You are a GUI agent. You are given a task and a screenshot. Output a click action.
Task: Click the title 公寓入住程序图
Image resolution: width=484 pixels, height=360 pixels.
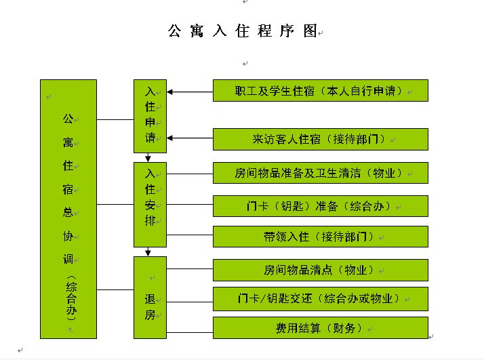pyautogui.click(x=243, y=31)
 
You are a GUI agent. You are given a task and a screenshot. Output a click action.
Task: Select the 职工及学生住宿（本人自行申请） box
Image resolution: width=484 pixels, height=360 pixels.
pyautogui.click(x=321, y=90)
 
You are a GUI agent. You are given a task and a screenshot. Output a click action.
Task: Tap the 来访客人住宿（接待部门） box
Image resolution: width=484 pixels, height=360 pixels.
pyautogui.click(x=321, y=139)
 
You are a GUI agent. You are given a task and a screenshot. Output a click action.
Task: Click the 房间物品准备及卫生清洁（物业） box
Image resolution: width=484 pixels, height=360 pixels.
pyautogui.click(x=321, y=173)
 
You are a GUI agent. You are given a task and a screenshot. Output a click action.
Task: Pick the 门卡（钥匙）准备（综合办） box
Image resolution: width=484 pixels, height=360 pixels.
pyautogui.click(x=321, y=206)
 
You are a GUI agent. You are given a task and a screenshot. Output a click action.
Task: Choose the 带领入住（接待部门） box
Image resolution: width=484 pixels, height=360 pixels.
pyautogui.click(x=321, y=237)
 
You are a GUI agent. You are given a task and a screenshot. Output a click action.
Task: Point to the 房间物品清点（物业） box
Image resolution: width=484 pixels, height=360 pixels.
pyautogui.click(x=321, y=270)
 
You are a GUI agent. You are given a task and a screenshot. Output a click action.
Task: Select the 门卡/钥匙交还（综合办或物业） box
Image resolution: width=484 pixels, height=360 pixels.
pyautogui.click(x=321, y=299)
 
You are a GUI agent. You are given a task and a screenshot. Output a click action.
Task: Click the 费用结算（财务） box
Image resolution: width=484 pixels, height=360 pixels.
pyautogui.click(x=321, y=328)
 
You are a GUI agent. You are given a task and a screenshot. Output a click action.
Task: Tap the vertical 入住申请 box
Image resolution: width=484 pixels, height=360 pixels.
pyautogui.click(x=150, y=116)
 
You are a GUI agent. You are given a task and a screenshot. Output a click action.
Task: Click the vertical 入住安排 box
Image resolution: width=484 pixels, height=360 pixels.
pyautogui.click(x=150, y=205)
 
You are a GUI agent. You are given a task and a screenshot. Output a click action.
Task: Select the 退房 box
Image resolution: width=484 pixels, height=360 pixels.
pyautogui.click(x=150, y=298)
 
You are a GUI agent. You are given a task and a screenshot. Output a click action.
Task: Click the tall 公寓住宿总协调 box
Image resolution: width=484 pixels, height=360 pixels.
pyautogui.click(x=68, y=209)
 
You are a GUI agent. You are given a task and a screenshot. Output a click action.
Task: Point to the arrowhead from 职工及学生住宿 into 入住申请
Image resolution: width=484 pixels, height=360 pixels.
pyautogui.click(x=169, y=92)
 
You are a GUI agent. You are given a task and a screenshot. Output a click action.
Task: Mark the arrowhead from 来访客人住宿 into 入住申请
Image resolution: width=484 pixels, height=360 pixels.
pyautogui.click(x=169, y=138)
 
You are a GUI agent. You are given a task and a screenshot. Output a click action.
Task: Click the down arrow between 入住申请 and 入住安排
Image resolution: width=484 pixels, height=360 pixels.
pyautogui.click(x=148, y=157)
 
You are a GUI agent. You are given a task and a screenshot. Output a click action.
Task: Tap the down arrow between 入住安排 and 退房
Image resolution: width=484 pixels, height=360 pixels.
pyautogui.click(x=148, y=252)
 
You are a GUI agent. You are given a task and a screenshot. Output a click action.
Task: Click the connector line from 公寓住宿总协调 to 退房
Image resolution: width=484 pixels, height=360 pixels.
pyautogui.click(x=115, y=289)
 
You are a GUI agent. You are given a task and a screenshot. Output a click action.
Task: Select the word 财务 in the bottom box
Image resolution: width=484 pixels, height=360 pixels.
pyautogui.click(x=344, y=328)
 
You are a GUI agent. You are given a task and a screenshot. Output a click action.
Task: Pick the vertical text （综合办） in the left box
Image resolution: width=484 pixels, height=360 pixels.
pyautogui.click(x=71, y=298)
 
